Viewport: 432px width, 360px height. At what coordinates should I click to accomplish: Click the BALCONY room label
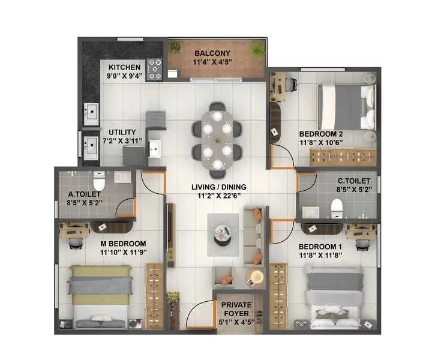tap(212, 53)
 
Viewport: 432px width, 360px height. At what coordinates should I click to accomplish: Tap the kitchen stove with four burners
tap(155, 70)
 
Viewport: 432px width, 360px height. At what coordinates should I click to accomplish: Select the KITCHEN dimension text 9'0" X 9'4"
tap(125, 76)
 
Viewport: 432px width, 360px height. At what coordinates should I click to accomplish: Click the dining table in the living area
tap(217, 140)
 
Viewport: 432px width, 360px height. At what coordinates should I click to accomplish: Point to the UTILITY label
tap(122, 132)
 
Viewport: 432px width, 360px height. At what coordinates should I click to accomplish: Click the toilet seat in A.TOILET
tap(99, 181)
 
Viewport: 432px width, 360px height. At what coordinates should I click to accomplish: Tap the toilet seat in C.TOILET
tap(337, 208)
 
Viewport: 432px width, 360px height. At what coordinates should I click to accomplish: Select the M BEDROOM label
tap(123, 244)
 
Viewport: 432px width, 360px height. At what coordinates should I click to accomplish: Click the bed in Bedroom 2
tap(347, 107)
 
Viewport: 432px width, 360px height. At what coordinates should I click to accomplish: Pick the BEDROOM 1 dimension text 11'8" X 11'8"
tap(320, 256)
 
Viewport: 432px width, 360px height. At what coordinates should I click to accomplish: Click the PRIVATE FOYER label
tap(236, 309)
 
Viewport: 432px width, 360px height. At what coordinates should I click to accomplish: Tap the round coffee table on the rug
tap(223, 234)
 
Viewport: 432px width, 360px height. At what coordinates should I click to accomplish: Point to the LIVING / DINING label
tap(219, 187)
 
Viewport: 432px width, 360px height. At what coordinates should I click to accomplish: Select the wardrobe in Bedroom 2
tap(343, 157)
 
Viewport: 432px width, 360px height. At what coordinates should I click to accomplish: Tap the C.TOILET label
tap(354, 181)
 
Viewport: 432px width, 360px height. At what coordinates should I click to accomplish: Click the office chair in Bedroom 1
tap(363, 244)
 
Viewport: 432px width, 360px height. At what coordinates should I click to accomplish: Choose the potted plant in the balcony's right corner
tap(257, 50)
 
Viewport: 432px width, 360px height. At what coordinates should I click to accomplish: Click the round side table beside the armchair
tap(256, 277)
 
